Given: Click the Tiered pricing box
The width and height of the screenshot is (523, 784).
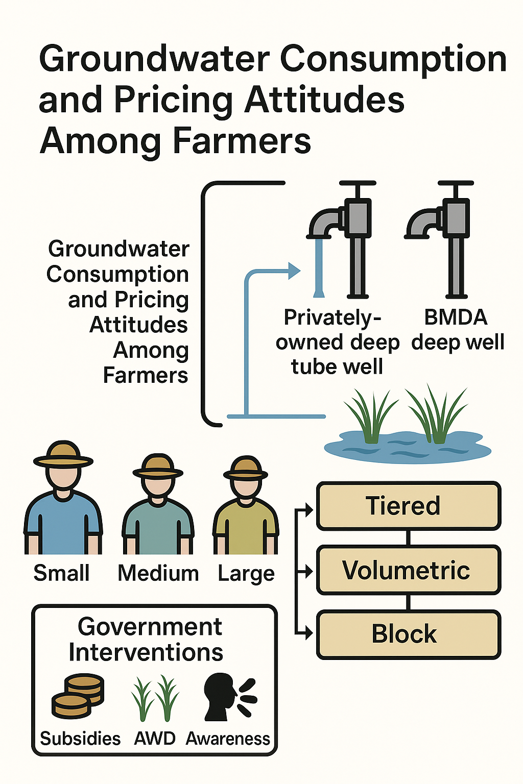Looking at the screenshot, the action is [x=409, y=506].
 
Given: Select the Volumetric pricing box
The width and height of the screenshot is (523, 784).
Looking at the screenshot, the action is [x=409, y=570].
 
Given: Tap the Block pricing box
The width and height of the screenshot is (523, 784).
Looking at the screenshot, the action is [x=409, y=634].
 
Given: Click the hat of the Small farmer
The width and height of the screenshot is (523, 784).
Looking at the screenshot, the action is [x=63, y=454].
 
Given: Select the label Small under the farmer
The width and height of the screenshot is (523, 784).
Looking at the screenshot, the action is [x=61, y=573].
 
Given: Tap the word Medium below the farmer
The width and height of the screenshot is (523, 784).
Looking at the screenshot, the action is [x=158, y=573].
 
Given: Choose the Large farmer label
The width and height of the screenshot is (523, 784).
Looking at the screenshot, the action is [x=246, y=574].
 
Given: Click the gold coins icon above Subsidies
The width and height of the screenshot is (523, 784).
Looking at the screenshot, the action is [x=78, y=697].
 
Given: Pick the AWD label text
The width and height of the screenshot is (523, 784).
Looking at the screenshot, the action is [x=154, y=739].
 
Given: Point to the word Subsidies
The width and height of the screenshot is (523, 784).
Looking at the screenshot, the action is [x=80, y=739].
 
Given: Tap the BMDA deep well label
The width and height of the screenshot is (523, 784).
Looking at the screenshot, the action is [x=458, y=330].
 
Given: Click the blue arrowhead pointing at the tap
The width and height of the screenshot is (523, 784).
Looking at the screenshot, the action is [x=294, y=271].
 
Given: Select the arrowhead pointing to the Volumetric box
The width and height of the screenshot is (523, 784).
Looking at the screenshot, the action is [x=309, y=572].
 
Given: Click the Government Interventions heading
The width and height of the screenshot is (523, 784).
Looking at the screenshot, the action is [x=146, y=639].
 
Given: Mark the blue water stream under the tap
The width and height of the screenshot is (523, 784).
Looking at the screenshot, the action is [x=318, y=268].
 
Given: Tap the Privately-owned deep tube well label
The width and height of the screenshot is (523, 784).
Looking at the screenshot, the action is [x=337, y=342].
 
